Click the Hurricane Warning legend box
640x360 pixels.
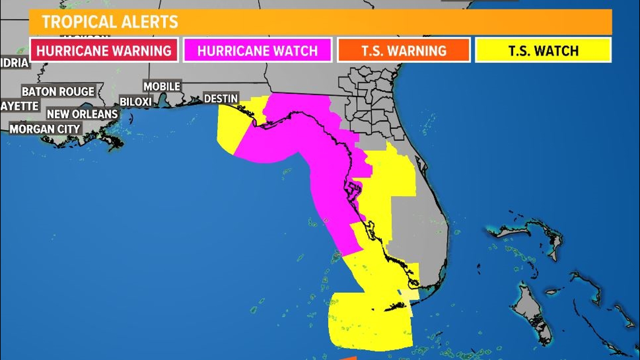point(104,50)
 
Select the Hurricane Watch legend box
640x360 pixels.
point(257,50)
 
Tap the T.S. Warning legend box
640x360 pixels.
point(404,50)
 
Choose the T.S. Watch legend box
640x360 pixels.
point(543,50)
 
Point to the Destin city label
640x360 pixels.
point(221,99)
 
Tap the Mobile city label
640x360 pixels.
point(162,86)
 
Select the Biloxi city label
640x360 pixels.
point(136,102)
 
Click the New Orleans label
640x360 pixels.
point(82,114)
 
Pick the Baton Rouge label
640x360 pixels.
point(58,91)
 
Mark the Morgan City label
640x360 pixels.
point(45,129)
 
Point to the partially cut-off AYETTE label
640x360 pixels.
point(19,106)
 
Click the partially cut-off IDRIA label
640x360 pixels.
point(14,63)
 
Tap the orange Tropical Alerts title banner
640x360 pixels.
point(367,22)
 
